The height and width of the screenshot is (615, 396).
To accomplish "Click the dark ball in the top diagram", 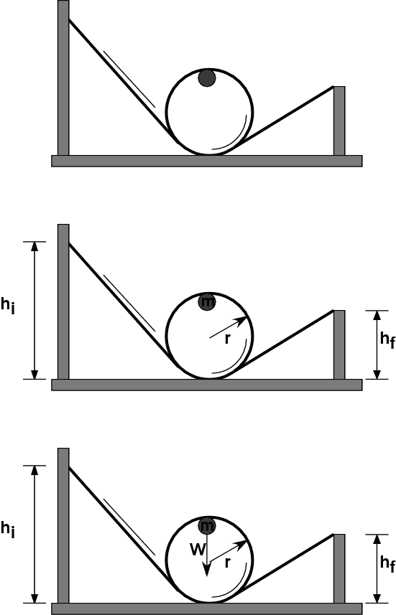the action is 207,78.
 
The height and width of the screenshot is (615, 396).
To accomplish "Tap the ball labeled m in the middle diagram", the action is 207,302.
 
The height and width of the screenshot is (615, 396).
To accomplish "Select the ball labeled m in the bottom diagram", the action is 207,525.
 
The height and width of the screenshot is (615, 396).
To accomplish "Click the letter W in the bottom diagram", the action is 198,549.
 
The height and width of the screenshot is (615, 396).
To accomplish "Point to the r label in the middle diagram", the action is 227,339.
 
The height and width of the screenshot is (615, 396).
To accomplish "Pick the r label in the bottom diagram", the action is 227,563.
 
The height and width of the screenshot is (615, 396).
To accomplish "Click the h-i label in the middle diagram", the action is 8,305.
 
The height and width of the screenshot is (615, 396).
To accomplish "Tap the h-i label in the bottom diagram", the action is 8,529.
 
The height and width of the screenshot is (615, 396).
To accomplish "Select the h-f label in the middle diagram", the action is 387,339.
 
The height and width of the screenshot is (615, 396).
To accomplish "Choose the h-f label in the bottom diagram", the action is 387,563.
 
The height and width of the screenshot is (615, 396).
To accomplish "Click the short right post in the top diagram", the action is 339,121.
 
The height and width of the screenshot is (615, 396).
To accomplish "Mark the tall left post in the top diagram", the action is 63,78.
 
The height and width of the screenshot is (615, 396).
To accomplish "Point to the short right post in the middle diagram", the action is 339,344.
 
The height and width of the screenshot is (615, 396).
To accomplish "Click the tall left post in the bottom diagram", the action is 63,525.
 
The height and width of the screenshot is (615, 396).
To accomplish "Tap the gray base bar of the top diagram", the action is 207,161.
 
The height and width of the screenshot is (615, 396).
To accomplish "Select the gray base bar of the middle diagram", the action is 207,385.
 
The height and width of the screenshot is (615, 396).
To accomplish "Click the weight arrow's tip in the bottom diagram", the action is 207,576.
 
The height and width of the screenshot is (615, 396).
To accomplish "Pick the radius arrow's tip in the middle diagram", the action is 247,317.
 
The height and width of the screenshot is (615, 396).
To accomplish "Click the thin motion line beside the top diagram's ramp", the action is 129,79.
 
